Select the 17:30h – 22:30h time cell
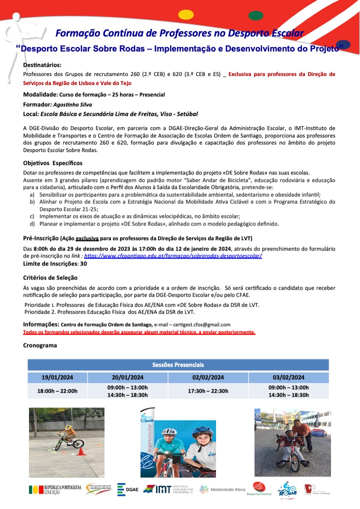pyautogui.click(x=208, y=391)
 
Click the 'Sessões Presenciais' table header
pyautogui.click(x=178, y=365)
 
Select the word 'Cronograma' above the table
pyautogui.click(x=40, y=345)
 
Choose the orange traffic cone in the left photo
pyautogui.click(x=81, y=451)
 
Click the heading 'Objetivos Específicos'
pyautogui.click(x=53, y=163)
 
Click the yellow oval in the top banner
pyautogui.click(x=186, y=15)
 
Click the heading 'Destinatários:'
pyautogui.click(x=42, y=65)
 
